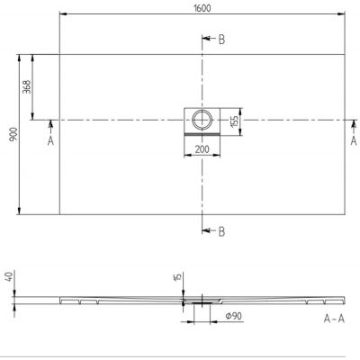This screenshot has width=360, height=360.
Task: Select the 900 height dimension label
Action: pos(7,133)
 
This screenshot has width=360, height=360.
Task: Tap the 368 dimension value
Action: pos(26,86)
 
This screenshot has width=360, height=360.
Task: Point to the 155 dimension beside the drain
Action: pos(236,120)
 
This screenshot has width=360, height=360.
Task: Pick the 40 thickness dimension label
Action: pos(8,276)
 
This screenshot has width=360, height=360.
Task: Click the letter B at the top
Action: pos(220,40)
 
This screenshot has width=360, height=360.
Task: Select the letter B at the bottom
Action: pos(220,232)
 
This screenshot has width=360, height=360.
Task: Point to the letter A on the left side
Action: pos(50,141)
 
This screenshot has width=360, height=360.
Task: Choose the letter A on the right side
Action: pos(352,141)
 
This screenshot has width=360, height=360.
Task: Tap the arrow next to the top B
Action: pos(208,40)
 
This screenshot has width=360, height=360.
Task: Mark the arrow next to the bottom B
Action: pos(208,232)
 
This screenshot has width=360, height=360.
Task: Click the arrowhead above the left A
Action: pos(50,125)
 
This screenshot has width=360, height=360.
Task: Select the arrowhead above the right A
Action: pos(352,125)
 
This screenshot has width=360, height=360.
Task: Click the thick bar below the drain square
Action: pos(202,133)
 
